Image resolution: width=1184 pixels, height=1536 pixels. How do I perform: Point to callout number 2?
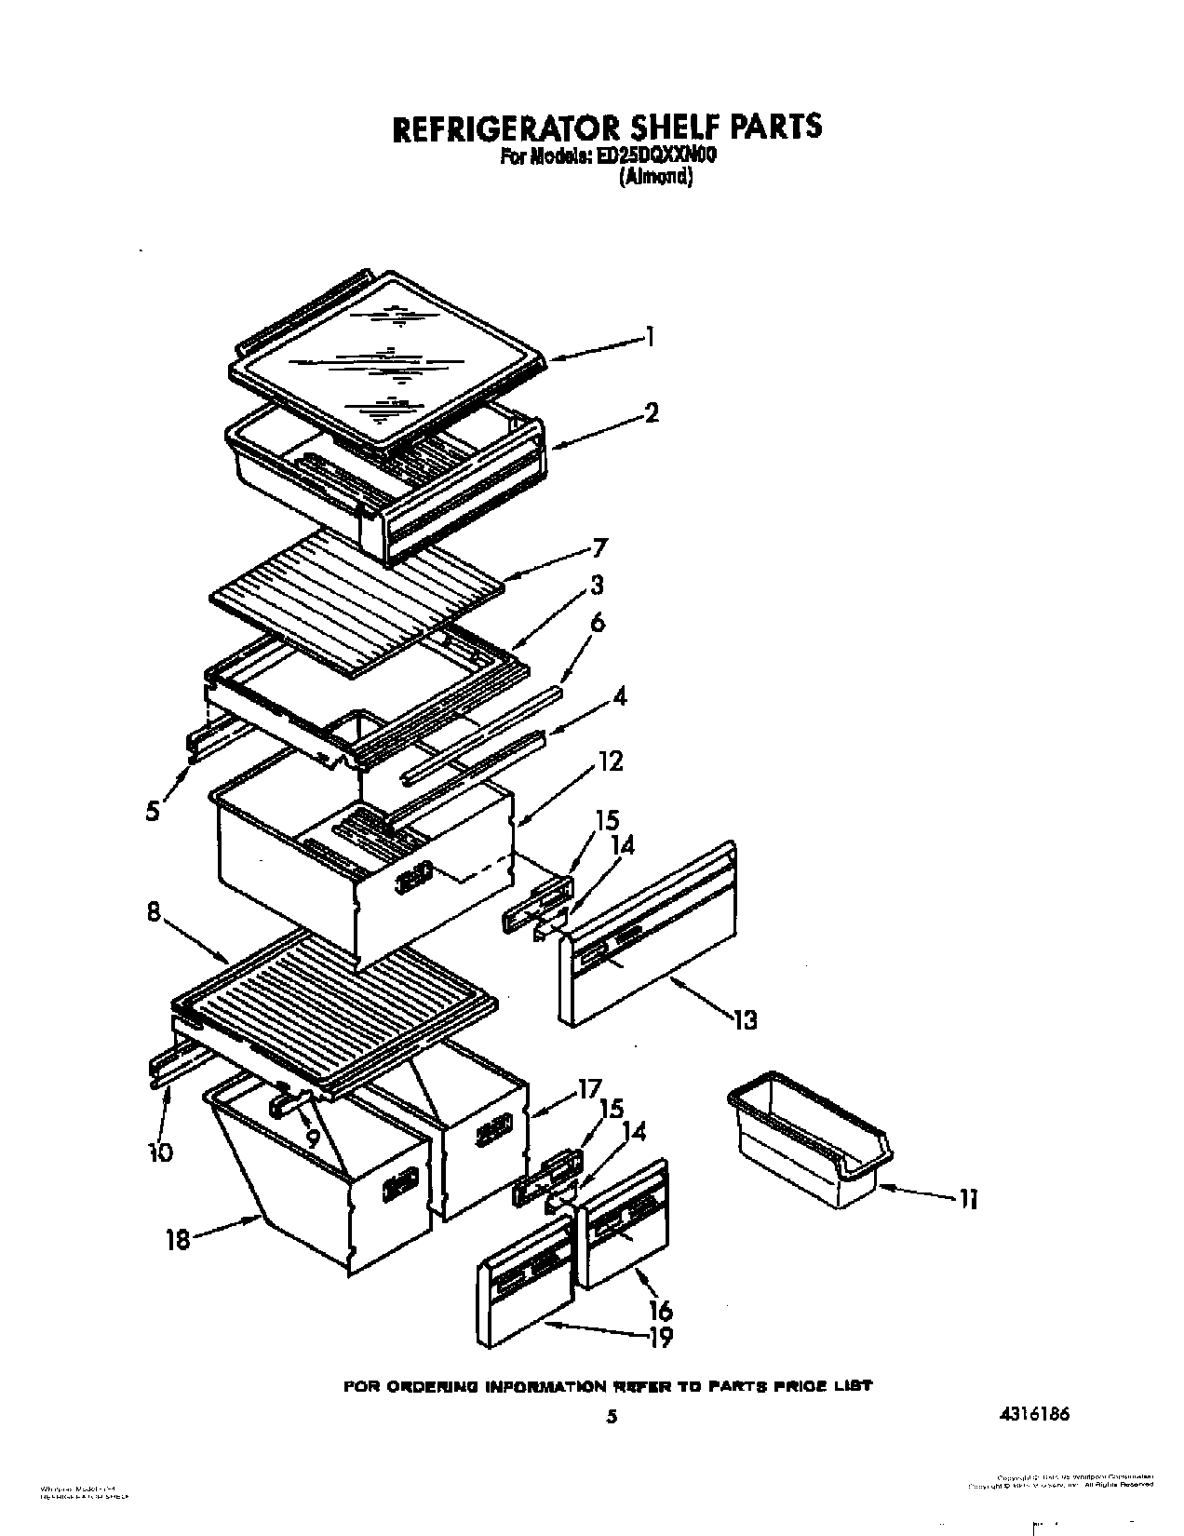[x=652, y=412]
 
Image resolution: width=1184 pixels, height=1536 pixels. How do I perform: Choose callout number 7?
[x=600, y=547]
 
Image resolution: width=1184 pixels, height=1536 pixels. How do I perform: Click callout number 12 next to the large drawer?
[x=611, y=761]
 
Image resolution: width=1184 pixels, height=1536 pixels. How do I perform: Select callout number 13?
[x=745, y=1019]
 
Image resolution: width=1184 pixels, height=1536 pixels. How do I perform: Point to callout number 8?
[x=155, y=915]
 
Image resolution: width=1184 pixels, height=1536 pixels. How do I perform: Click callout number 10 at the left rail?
[x=159, y=1152]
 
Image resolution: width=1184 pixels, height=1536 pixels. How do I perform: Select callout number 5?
[x=153, y=810]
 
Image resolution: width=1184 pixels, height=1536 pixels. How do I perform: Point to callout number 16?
[x=661, y=1311]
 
